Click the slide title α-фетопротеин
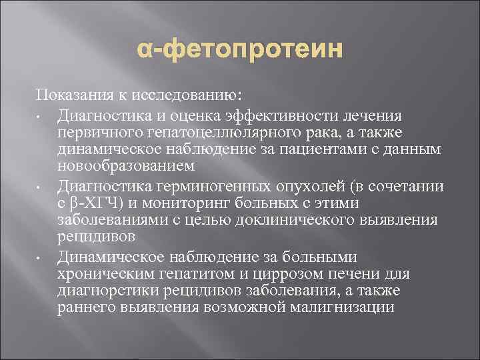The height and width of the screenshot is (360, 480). (240, 49)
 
